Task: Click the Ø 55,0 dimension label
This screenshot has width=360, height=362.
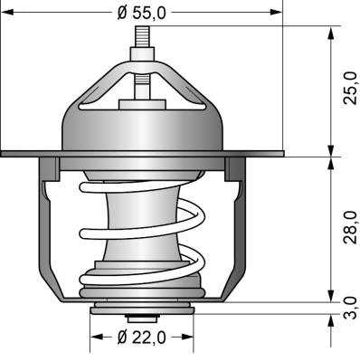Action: tap(142, 13)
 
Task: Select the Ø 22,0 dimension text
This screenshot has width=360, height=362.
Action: tap(142, 337)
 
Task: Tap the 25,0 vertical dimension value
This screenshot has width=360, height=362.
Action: tap(351, 88)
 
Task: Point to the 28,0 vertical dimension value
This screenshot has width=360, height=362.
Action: tap(351, 227)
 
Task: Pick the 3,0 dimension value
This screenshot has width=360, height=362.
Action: tap(351, 308)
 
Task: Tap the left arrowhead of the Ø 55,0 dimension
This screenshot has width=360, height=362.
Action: tap(7, 13)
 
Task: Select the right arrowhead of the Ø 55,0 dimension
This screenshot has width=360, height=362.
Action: tap(276, 13)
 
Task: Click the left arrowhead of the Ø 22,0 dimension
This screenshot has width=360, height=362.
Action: tap(97, 337)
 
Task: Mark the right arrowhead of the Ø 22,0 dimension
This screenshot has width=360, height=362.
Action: tap(187, 337)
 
